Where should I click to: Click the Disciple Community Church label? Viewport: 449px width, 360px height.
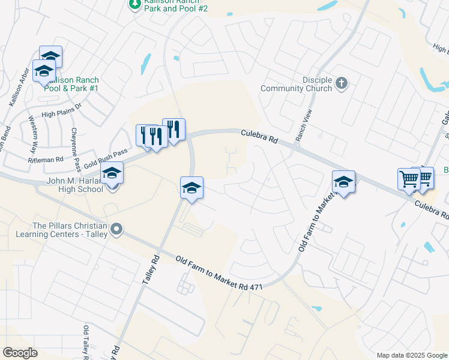click(296, 84)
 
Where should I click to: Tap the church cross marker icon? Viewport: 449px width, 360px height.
click(342, 83)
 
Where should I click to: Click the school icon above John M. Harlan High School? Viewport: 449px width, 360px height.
click(112, 174)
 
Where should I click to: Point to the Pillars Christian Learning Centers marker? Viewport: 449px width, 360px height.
click(116, 229)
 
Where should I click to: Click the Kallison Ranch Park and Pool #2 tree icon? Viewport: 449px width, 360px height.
click(134, 4)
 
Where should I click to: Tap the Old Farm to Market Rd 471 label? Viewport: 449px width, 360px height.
click(219, 274)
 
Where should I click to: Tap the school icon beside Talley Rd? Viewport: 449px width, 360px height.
click(192, 188)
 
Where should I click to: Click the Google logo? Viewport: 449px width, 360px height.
click(20, 353)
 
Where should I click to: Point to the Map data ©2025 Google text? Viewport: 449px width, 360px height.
click(411, 355)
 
